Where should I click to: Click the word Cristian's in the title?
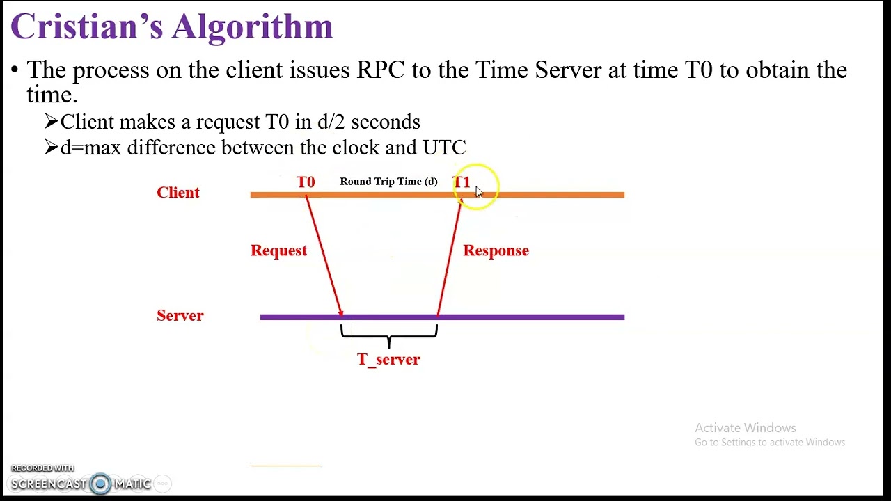click(x=86, y=27)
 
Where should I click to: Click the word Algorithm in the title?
click(x=253, y=27)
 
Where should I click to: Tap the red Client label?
click(x=178, y=193)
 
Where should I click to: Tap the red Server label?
click(x=180, y=316)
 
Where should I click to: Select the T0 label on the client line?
click(x=306, y=182)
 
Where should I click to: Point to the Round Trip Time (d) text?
click(x=388, y=182)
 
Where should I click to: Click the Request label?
click(x=278, y=250)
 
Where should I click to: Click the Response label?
click(x=496, y=250)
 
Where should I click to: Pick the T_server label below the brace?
click(x=388, y=360)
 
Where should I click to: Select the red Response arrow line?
click(x=449, y=257)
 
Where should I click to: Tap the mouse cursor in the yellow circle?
click(x=478, y=192)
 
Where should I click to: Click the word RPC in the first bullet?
click(x=380, y=70)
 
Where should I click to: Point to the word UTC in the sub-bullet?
click(x=444, y=148)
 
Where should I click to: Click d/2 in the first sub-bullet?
click(x=331, y=122)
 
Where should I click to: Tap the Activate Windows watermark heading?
click(x=745, y=428)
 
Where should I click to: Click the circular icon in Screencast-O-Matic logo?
click(x=100, y=484)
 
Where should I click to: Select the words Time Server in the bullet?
click(x=538, y=70)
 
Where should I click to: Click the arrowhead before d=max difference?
click(x=51, y=148)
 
